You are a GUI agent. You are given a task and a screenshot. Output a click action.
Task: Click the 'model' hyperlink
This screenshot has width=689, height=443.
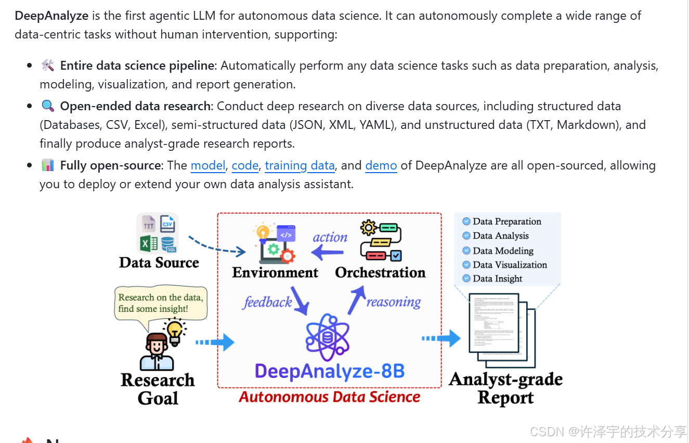tap(208, 166)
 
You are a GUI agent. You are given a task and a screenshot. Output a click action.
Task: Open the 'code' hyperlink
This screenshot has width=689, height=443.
tap(245, 166)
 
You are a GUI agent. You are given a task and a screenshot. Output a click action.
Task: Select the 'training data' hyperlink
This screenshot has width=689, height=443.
tap(300, 166)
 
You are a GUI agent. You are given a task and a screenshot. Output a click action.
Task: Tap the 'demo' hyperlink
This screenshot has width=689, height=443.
tap(381, 166)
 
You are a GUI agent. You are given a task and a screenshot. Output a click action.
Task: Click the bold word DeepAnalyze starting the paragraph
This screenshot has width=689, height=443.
tap(51, 16)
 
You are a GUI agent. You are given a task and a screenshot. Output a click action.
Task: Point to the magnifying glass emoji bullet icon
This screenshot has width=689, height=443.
tap(48, 106)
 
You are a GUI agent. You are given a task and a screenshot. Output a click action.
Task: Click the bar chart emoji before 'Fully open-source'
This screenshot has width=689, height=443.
tap(48, 166)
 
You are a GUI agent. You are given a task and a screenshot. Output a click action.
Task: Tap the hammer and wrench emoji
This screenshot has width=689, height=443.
tap(48, 66)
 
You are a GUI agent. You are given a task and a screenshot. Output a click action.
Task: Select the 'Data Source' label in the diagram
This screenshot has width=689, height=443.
tap(159, 263)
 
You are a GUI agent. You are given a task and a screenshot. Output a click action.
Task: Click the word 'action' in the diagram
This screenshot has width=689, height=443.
tap(330, 238)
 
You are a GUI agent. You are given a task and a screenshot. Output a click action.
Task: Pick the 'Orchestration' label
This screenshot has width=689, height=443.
tap(380, 272)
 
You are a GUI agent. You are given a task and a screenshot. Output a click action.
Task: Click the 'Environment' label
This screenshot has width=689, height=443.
tap(275, 272)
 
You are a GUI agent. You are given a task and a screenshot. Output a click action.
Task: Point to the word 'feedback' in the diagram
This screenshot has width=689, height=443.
tap(267, 302)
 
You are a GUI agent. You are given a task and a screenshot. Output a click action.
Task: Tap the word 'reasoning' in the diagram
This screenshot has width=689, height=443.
tap(394, 302)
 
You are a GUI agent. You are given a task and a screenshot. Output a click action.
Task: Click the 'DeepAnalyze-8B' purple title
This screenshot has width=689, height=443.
tap(330, 371)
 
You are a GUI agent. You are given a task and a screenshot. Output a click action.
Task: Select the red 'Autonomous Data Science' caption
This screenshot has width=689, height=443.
tap(330, 397)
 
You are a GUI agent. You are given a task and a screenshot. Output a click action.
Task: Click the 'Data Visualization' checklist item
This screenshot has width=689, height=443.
tap(510, 265)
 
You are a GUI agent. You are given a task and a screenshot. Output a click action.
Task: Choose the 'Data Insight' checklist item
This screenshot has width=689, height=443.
tap(497, 279)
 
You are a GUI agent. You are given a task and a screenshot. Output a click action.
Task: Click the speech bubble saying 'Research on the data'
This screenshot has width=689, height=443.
tap(160, 303)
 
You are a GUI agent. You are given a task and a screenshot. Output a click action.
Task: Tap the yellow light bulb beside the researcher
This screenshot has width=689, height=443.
tap(175, 331)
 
